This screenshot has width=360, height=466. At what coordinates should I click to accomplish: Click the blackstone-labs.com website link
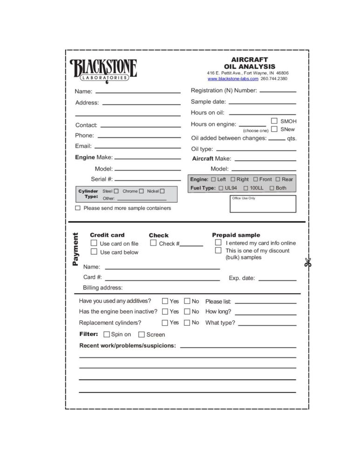tap(233, 79)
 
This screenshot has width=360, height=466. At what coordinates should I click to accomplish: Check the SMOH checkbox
tap(274, 121)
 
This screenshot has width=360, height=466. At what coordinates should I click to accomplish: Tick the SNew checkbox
tap(274, 129)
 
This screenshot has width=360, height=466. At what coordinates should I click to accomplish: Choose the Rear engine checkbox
tap(278, 179)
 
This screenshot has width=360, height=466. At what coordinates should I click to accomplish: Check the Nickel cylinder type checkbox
tap(162, 191)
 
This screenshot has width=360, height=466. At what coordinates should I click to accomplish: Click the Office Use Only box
tap(263, 204)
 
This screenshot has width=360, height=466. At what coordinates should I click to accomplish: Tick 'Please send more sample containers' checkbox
tap(78, 208)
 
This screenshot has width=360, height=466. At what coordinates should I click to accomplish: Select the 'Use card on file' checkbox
tap(94, 243)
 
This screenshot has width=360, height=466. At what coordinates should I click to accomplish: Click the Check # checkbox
tap(153, 243)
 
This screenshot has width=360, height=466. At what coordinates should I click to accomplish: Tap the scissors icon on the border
tap(307, 262)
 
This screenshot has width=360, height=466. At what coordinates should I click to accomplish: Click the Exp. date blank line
tap(277, 280)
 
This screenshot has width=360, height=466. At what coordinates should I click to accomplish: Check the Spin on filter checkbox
tap(107, 334)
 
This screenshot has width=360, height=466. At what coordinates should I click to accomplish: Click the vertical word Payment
tap(75, 250)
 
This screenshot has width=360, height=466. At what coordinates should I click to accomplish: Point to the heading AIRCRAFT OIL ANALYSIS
tap(250, 63)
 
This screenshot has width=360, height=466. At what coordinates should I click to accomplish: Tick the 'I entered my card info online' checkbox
tap(218, 242)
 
